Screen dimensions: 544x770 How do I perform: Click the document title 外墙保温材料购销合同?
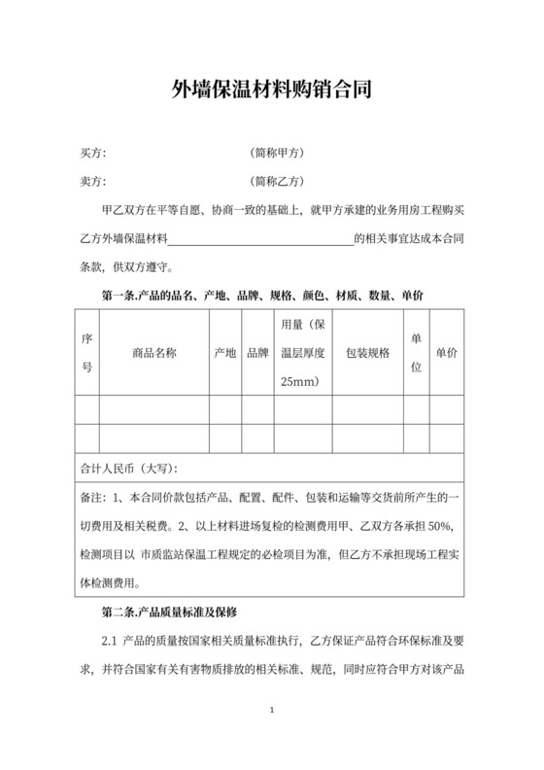(x=271, y=91)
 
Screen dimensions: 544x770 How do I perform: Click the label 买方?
(x=92, y=153)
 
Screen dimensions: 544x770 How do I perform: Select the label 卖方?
(x=92, y=180)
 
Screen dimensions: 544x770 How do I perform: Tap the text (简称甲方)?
(x=278, y=153)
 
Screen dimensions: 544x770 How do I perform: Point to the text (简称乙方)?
(x=278, y=180)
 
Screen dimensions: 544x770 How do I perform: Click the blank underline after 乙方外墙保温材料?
(x=260, y=238)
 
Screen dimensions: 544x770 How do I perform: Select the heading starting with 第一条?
(x=261, y=294)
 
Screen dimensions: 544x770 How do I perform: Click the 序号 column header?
(x=86, y=353)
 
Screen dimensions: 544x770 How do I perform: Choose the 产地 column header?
(x=224, y=353)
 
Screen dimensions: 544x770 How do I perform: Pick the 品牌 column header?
(x=257, y=353)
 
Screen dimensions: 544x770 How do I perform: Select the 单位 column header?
(x=416, y=353)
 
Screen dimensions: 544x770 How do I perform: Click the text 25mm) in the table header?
(x=299, y=382)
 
